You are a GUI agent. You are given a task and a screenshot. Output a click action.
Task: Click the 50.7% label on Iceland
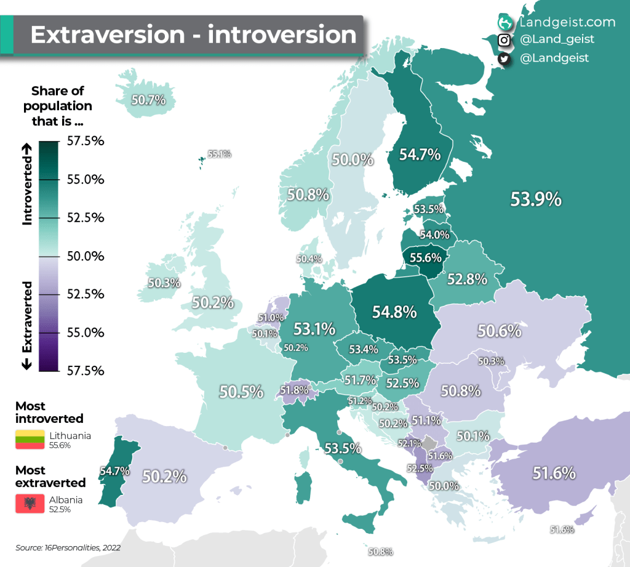pyautogui.click(x=148, y=99)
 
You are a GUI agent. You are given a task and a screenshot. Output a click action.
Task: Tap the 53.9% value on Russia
pyautogui.click(x=536, y=199)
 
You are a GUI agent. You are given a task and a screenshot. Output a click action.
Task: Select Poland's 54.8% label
pyautogui.click(x=394, y=312)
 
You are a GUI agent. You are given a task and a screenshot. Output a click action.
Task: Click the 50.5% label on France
pyautogui.click(x=242, y=392)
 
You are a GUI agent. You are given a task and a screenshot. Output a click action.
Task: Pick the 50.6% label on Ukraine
pyautogui.click(x=499, y=331)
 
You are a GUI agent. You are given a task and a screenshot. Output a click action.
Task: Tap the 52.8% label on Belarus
pyautogui.click(x=467, y=279)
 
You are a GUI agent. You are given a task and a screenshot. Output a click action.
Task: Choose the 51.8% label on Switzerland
pyautogui.click(x=293, y=390)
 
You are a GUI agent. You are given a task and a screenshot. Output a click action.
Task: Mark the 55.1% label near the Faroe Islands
pyautogui.click(x=219, y=155)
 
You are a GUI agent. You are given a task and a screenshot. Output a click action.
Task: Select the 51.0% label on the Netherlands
pyautogui.click(x=271, y=318)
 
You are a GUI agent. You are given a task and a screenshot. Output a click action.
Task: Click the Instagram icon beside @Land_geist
pyautogui.click(x=504, y=40)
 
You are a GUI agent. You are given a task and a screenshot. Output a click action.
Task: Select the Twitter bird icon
pyautogui.click(x=504, y=58)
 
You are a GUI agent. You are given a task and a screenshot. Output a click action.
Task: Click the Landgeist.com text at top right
pyautogui.click(x=567, y=22)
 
